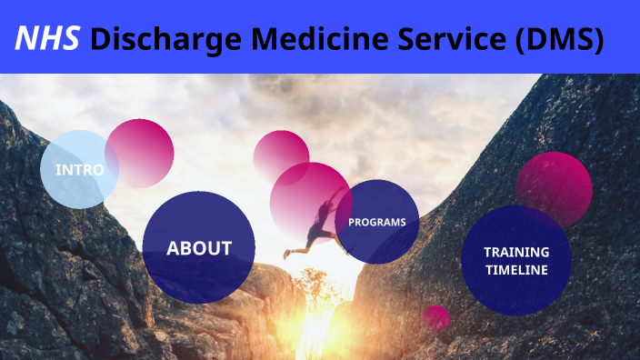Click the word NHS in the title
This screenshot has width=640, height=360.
click(x=48, y=38)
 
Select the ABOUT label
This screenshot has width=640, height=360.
click(x=199, y=247)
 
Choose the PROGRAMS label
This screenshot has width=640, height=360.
click(x=377, y=222)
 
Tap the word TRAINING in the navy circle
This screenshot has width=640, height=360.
click(x=515, y=252)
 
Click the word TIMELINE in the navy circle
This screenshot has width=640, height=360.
click(x=515, y=270)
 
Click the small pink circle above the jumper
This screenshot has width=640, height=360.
click(x=281, y=155)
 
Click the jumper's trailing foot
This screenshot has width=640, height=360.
click(x=287, y=255)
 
